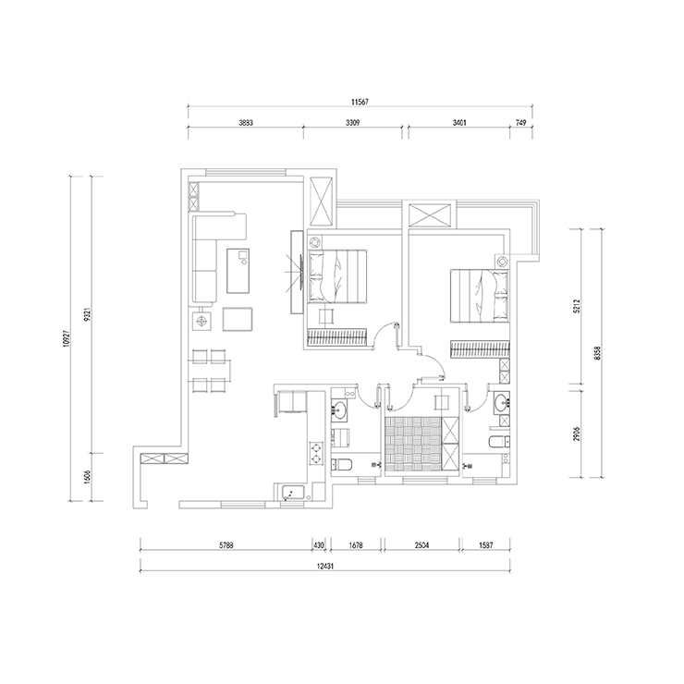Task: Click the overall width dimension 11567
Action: tap(360, 102)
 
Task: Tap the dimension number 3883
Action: tap(246, 123)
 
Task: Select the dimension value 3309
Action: tap(352, 123)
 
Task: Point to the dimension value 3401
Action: tap(459, 123)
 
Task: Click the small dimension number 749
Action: tap(520, 123)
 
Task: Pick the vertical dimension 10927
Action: tap(66, 338)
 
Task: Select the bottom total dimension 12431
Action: tap(324, 566)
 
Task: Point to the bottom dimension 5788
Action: tap(226, 545)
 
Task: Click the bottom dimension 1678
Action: tap(356, 545)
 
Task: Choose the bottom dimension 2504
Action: tap(421, 545)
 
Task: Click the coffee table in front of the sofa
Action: tap(238, 271)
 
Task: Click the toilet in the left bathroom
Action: tap(341, 465)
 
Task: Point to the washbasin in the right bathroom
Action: tap(502, 403)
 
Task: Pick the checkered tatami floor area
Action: tap(412, 444)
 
